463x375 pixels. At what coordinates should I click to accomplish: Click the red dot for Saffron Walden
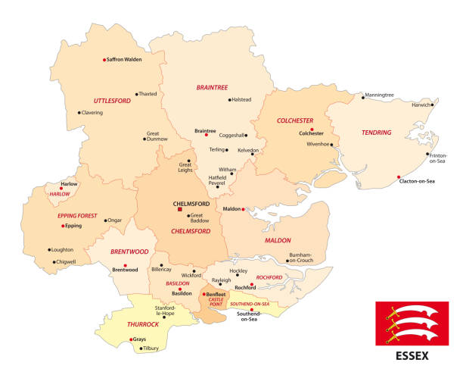click(x=104, y=60)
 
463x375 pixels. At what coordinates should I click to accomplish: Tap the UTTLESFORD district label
click(x=113, y=100)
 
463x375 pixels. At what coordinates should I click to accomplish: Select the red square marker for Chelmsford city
click(x=180, y=210)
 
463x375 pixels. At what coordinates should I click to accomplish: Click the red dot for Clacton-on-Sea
click(x=398, y=177)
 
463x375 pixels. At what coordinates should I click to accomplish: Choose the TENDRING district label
click(x=376, y=133)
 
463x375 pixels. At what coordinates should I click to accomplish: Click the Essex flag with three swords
click(x=412, y=323)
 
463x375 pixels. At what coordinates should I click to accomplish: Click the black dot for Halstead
click(x=229, y=99)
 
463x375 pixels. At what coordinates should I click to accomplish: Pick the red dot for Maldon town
click(x=243, y=209)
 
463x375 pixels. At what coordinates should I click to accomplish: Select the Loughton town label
click(x=63, y=249)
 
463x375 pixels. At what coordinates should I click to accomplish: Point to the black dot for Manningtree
click(x=362, y=95)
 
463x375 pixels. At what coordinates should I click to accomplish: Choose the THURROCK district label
click(x=122, y=323)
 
